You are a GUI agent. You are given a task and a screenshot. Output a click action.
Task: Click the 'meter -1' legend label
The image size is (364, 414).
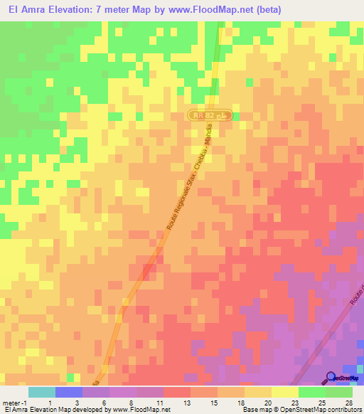coord(14,402)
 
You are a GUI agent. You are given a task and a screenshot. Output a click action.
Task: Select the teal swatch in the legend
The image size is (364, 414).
coord(42,392)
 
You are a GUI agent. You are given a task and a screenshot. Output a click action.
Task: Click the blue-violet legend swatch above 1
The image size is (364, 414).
coord(69,392)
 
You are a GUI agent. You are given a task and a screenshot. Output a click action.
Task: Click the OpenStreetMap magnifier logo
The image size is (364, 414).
coord(331,378)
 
